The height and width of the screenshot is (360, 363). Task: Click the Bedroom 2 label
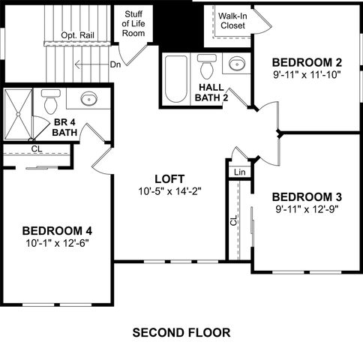click(307, 61)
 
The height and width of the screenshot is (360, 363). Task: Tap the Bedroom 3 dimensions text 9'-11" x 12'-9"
click(307, 209)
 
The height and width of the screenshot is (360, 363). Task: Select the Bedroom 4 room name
click(56, 230)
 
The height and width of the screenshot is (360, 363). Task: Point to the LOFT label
click(169, 178)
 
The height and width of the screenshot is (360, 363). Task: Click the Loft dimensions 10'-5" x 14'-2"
click(169, 191)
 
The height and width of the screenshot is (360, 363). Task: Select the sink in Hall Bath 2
click(235, 63)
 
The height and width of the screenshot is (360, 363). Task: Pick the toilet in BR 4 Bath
click(50, 100)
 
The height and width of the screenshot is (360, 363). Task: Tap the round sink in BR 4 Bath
click(88, 98)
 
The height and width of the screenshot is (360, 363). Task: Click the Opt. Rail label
click(78, 35)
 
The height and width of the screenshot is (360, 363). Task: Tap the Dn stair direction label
click(115, 64)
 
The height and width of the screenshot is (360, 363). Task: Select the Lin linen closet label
click(239, 172)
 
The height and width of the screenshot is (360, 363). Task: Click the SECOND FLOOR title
click(181, 331)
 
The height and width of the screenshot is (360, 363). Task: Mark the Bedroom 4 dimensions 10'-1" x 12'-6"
click(56, 243)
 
